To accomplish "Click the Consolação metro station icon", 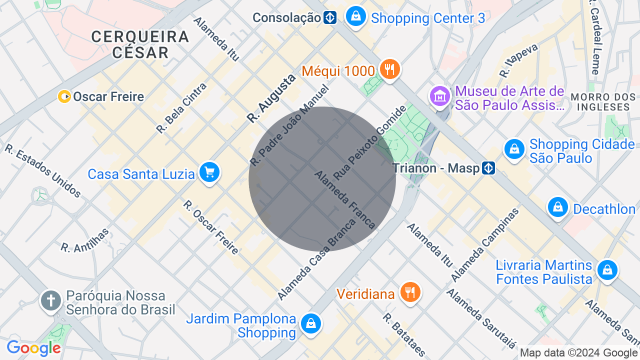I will pyautogui.click(x=329, y=18).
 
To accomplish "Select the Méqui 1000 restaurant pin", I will pyautogui.click(x=389, y=69).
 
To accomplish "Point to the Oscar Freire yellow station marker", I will pyautogui.click(x=64, y=96).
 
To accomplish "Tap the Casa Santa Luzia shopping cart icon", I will pyautogui.click(x=209, y=172).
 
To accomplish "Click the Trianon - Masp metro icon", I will pyautogui.click(x=488, y=168).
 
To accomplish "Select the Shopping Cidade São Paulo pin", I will pyautogui.click(x=514, y=149).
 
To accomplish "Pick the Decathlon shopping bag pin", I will pyautogui.click(x=557, y=207).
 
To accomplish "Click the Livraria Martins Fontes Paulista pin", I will pyautogui.click(x=607, y=270).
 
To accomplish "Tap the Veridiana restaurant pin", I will pyautogui.click(x=410, y=292).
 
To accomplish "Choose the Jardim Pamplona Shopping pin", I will pyautogui.click(x=311, y=324).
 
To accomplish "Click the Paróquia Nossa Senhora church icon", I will pyautogui.click(x=51, y=301).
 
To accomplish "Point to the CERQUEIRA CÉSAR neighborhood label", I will pyautogui.click(x=140, y=44).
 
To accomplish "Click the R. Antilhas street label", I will pyautogui.click(x=85, y=240).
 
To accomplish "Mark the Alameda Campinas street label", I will pyautogui.click(x=485, y=245).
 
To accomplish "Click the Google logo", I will pyautogui.click(x=33, y=348).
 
